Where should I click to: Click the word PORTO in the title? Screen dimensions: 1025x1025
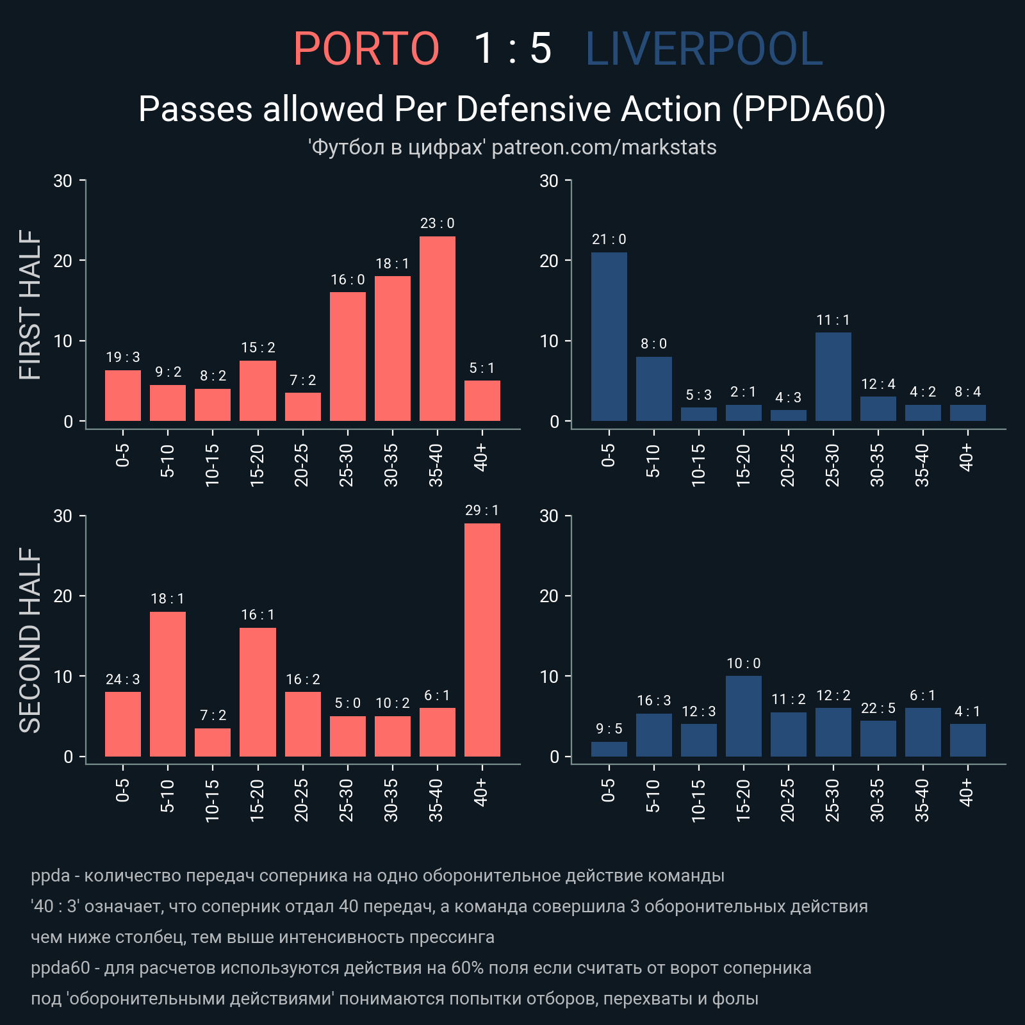(x=366, y=49)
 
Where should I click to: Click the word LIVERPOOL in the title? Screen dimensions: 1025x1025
(x=703, y=49)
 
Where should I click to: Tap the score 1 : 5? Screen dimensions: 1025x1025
(x=512, y=49)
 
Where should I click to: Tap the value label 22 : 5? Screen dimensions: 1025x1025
(x=878, y=709)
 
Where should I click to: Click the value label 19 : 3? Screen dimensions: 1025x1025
(x=123, y=357)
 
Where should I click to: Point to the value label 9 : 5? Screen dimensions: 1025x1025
(x=609, y=729)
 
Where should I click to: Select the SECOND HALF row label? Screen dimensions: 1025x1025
(x=30, y=639)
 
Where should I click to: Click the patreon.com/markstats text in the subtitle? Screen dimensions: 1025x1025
(x=603, y=147)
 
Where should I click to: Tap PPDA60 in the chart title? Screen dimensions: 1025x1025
(x=809, y=109)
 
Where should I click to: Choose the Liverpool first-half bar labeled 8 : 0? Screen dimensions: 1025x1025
(x=653, y=389)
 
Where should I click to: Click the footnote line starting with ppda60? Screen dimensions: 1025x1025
(x=421, y=967)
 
